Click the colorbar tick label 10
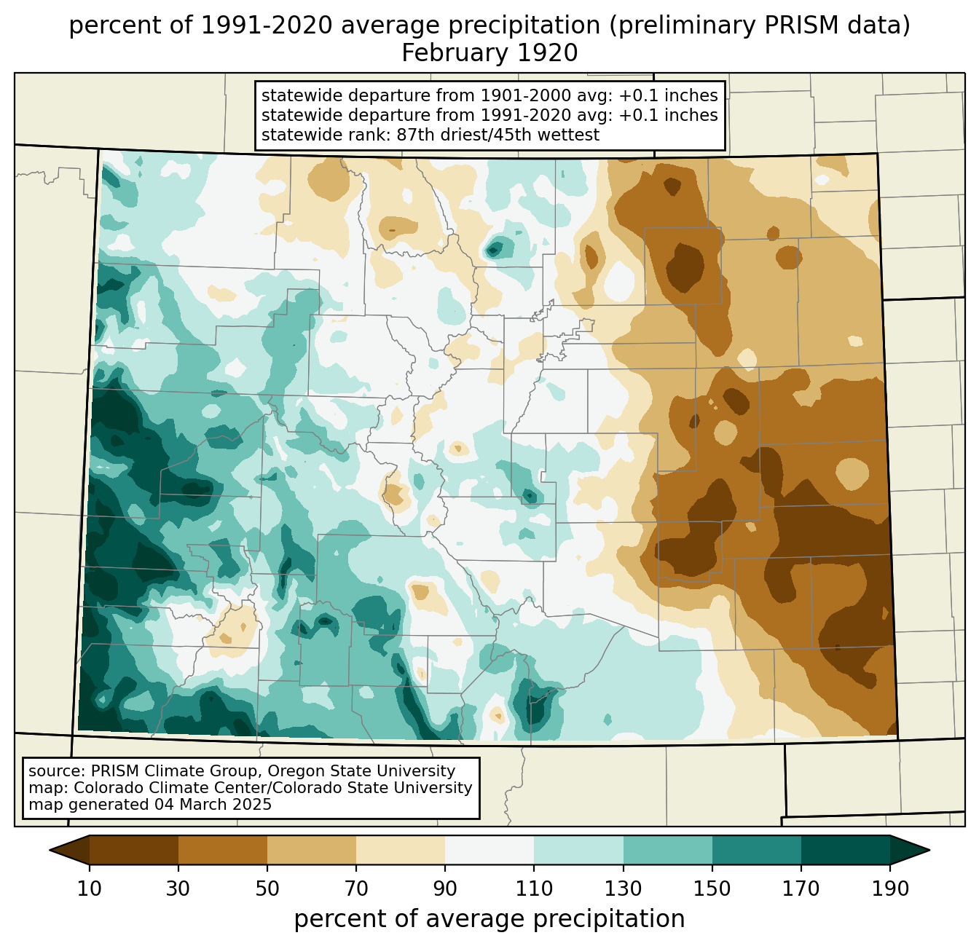pos(90,889)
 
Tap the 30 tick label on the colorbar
pos(178,889)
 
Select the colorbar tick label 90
pos(445,889)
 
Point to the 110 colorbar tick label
pos(534,889)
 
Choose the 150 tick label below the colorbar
pos(712,889)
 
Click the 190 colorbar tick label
pos(890,889)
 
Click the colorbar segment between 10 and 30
pos(134,850)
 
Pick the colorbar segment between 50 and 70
pos(312,850)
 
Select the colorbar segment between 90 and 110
pos(489,850)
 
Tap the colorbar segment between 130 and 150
pos(668,850)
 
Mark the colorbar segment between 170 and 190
pos(846,850)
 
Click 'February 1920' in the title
pos(489,53)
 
